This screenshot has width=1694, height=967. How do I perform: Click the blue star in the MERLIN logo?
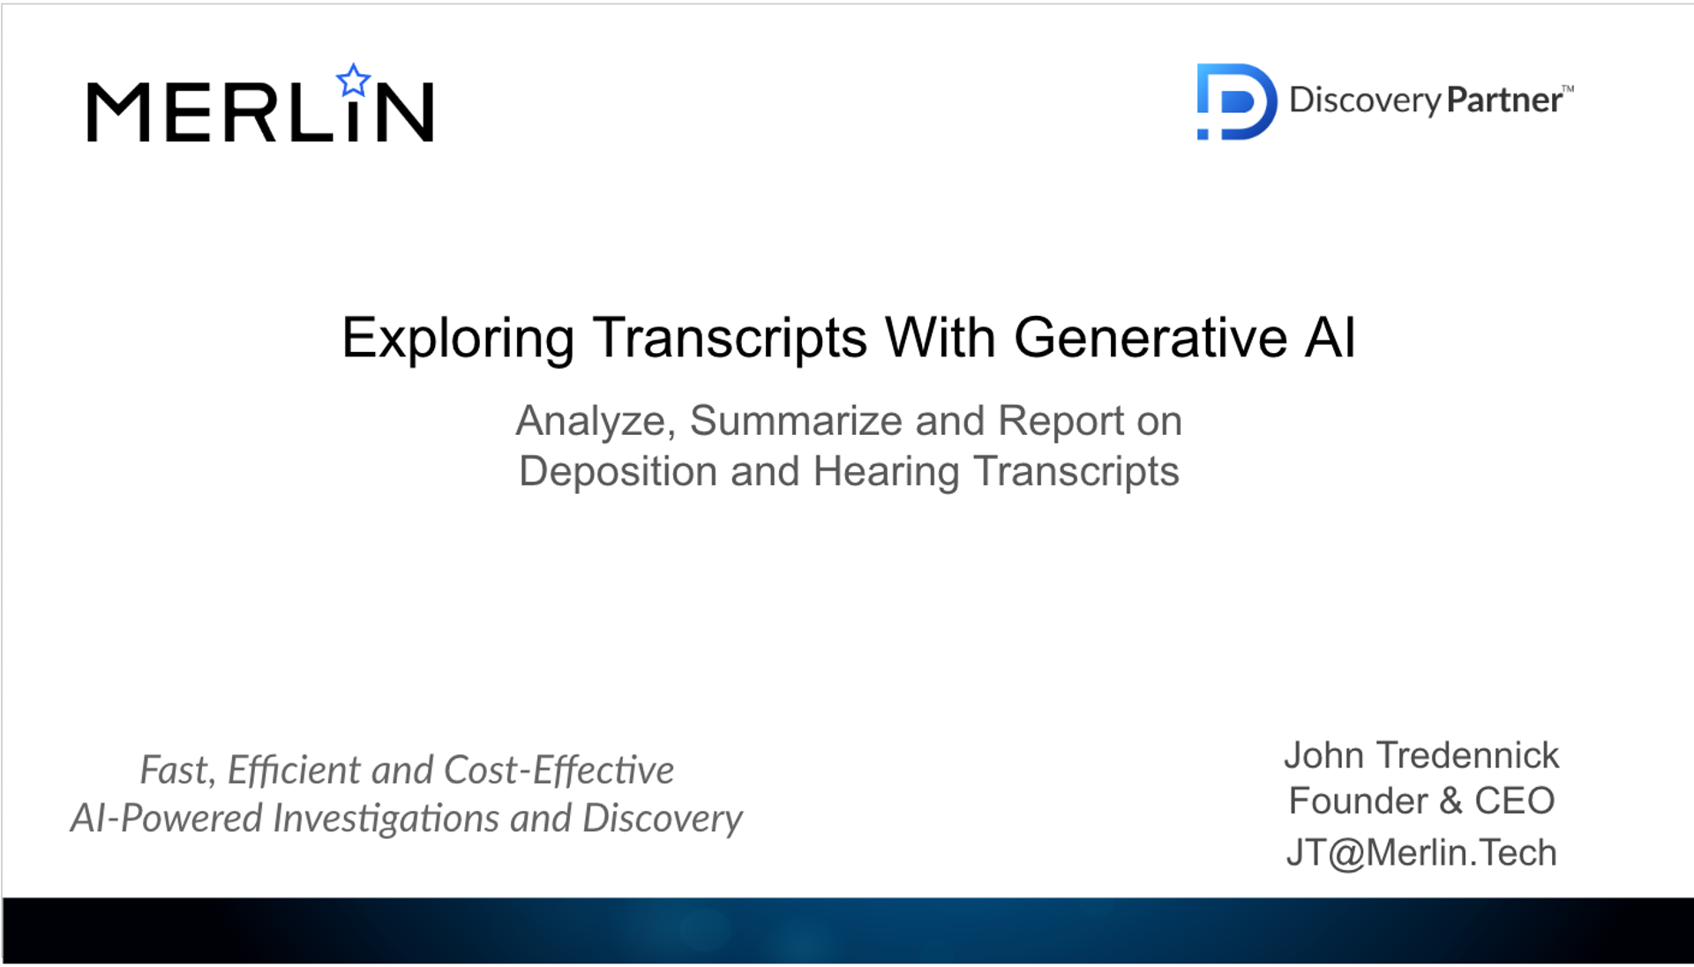click(354, 81)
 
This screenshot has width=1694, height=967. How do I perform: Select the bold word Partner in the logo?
click(1504, 100)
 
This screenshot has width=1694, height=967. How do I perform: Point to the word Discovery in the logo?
click(1364, 101)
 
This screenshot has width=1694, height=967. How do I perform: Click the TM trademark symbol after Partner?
click(1568, 89)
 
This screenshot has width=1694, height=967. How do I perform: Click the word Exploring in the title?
click(458, 338)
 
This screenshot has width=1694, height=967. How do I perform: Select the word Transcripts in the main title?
click(730, 338)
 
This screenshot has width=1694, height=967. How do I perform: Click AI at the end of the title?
click(1330, 338)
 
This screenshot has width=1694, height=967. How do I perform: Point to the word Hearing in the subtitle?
click(885, 472)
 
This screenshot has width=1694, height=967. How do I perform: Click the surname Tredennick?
click(1467, 756)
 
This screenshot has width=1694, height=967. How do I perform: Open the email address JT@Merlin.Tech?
click(1421, 853)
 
